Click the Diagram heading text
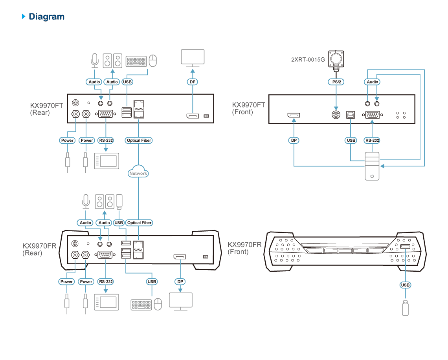pyautogui.click(x=47, y=16)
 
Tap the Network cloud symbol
pyautogui.click(x=138, y=172)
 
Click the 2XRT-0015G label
pyautogui.click(x=308, y=60)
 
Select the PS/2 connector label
pyautogui.click(x=336, y=82)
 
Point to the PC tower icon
pyautogui.click(x=372, y=166)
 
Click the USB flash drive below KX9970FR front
pyautogui.click(x=405, y=308)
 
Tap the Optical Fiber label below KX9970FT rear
pyautogui.click(x=139, y=141)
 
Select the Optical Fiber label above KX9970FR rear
pyautogui.click(x=139, y=223)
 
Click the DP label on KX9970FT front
pyautogui.click(x=294, y=141)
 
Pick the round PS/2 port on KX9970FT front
pyautogui.click(x=336, y=115)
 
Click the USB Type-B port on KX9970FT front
pyautogui.click(x=351, y=115)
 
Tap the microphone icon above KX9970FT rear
pyautogui.click(x=95, y=60)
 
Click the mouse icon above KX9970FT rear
pyautogui.click(x=153, y=60)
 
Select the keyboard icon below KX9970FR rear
pyautogui.click(x=141, y=305)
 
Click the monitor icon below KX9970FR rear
pyautogui.click(x=180, y=302)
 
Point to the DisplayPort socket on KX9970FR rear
pyautogui.click(x=180, y=257)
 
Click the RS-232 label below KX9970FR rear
pyautogui.click(x=106, y=282)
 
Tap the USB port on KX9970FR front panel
pyautogui.click(x=405, y=247)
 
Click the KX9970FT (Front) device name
pyautogui.click(x=248, y=108)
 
